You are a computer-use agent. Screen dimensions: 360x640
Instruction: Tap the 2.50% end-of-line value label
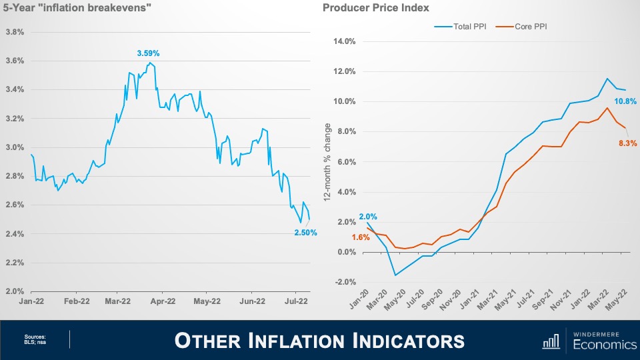306,233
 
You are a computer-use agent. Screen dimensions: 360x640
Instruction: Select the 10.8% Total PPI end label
625,101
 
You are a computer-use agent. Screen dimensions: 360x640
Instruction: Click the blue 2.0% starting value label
368,217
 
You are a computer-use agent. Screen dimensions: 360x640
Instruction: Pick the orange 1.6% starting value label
360,237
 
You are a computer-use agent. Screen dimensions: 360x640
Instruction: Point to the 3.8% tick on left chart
15,32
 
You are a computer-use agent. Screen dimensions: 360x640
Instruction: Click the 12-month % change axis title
326,162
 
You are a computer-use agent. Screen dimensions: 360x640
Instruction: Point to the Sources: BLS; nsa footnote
35,340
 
